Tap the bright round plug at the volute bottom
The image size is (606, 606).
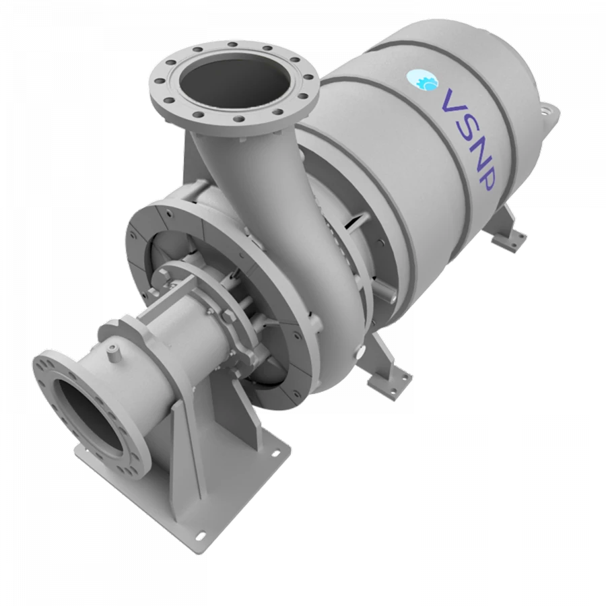coord(362,351)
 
